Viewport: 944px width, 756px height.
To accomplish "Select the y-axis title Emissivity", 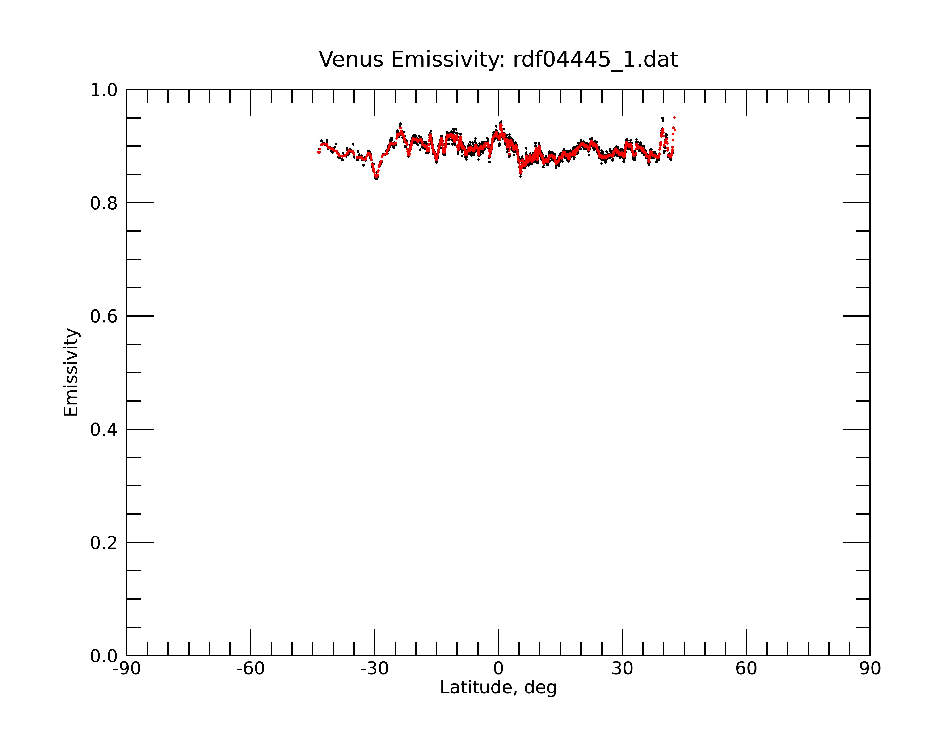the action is point(71,372).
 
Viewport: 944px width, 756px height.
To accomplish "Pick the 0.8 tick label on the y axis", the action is point(104,203).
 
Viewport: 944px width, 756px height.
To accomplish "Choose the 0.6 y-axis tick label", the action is point(104,316).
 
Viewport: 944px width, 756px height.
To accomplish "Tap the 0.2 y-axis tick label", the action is point(104,543).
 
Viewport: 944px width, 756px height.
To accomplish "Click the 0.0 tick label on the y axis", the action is point(104,656).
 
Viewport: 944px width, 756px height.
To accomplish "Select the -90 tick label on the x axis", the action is point(126,669).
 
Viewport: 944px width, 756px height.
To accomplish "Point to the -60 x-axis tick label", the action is point(250,669).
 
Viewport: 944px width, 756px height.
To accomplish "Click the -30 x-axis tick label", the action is point(374,669).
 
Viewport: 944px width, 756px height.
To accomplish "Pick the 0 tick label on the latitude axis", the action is point(498,669).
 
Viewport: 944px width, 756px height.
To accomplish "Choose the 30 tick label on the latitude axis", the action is point(622,669).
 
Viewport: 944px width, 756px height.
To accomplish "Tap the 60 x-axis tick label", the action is point(746,669).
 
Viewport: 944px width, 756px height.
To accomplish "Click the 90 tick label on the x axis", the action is point(870,669).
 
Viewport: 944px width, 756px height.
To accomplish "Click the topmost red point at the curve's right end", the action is point(674,117).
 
